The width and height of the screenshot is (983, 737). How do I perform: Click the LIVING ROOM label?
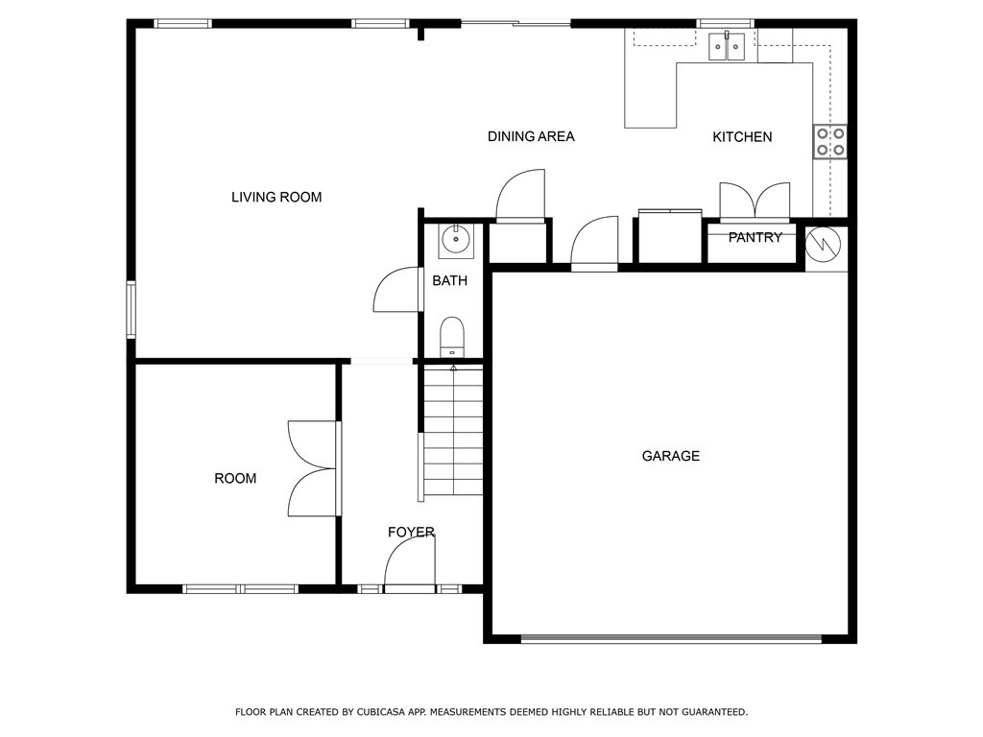click(276, 198)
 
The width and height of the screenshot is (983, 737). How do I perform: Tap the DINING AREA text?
click(531, 137)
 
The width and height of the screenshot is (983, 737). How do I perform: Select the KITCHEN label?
click(742, 137)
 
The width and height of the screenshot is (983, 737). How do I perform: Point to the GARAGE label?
click(670, 457)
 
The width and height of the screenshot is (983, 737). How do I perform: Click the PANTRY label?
click(755, 238)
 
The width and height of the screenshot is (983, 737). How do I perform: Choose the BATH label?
click(449, 281)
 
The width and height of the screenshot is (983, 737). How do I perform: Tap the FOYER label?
click(411, 533)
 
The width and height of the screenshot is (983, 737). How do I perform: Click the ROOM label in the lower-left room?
click(235, 479)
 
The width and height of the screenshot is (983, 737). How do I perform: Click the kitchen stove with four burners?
click(830, 141)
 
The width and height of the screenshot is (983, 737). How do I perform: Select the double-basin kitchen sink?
click(727, 46)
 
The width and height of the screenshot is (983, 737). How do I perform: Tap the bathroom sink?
click(455, 240)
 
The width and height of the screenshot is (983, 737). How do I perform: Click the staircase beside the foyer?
click(453, 431)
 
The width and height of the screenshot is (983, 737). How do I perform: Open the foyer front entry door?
click(411, 564)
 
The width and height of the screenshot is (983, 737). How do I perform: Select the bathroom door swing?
click(396, 291)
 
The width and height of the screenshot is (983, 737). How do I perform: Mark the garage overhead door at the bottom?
click(670, 638)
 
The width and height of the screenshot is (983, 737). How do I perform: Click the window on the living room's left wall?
click(132, 309)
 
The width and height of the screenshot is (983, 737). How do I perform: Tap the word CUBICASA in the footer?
click(384, 712)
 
